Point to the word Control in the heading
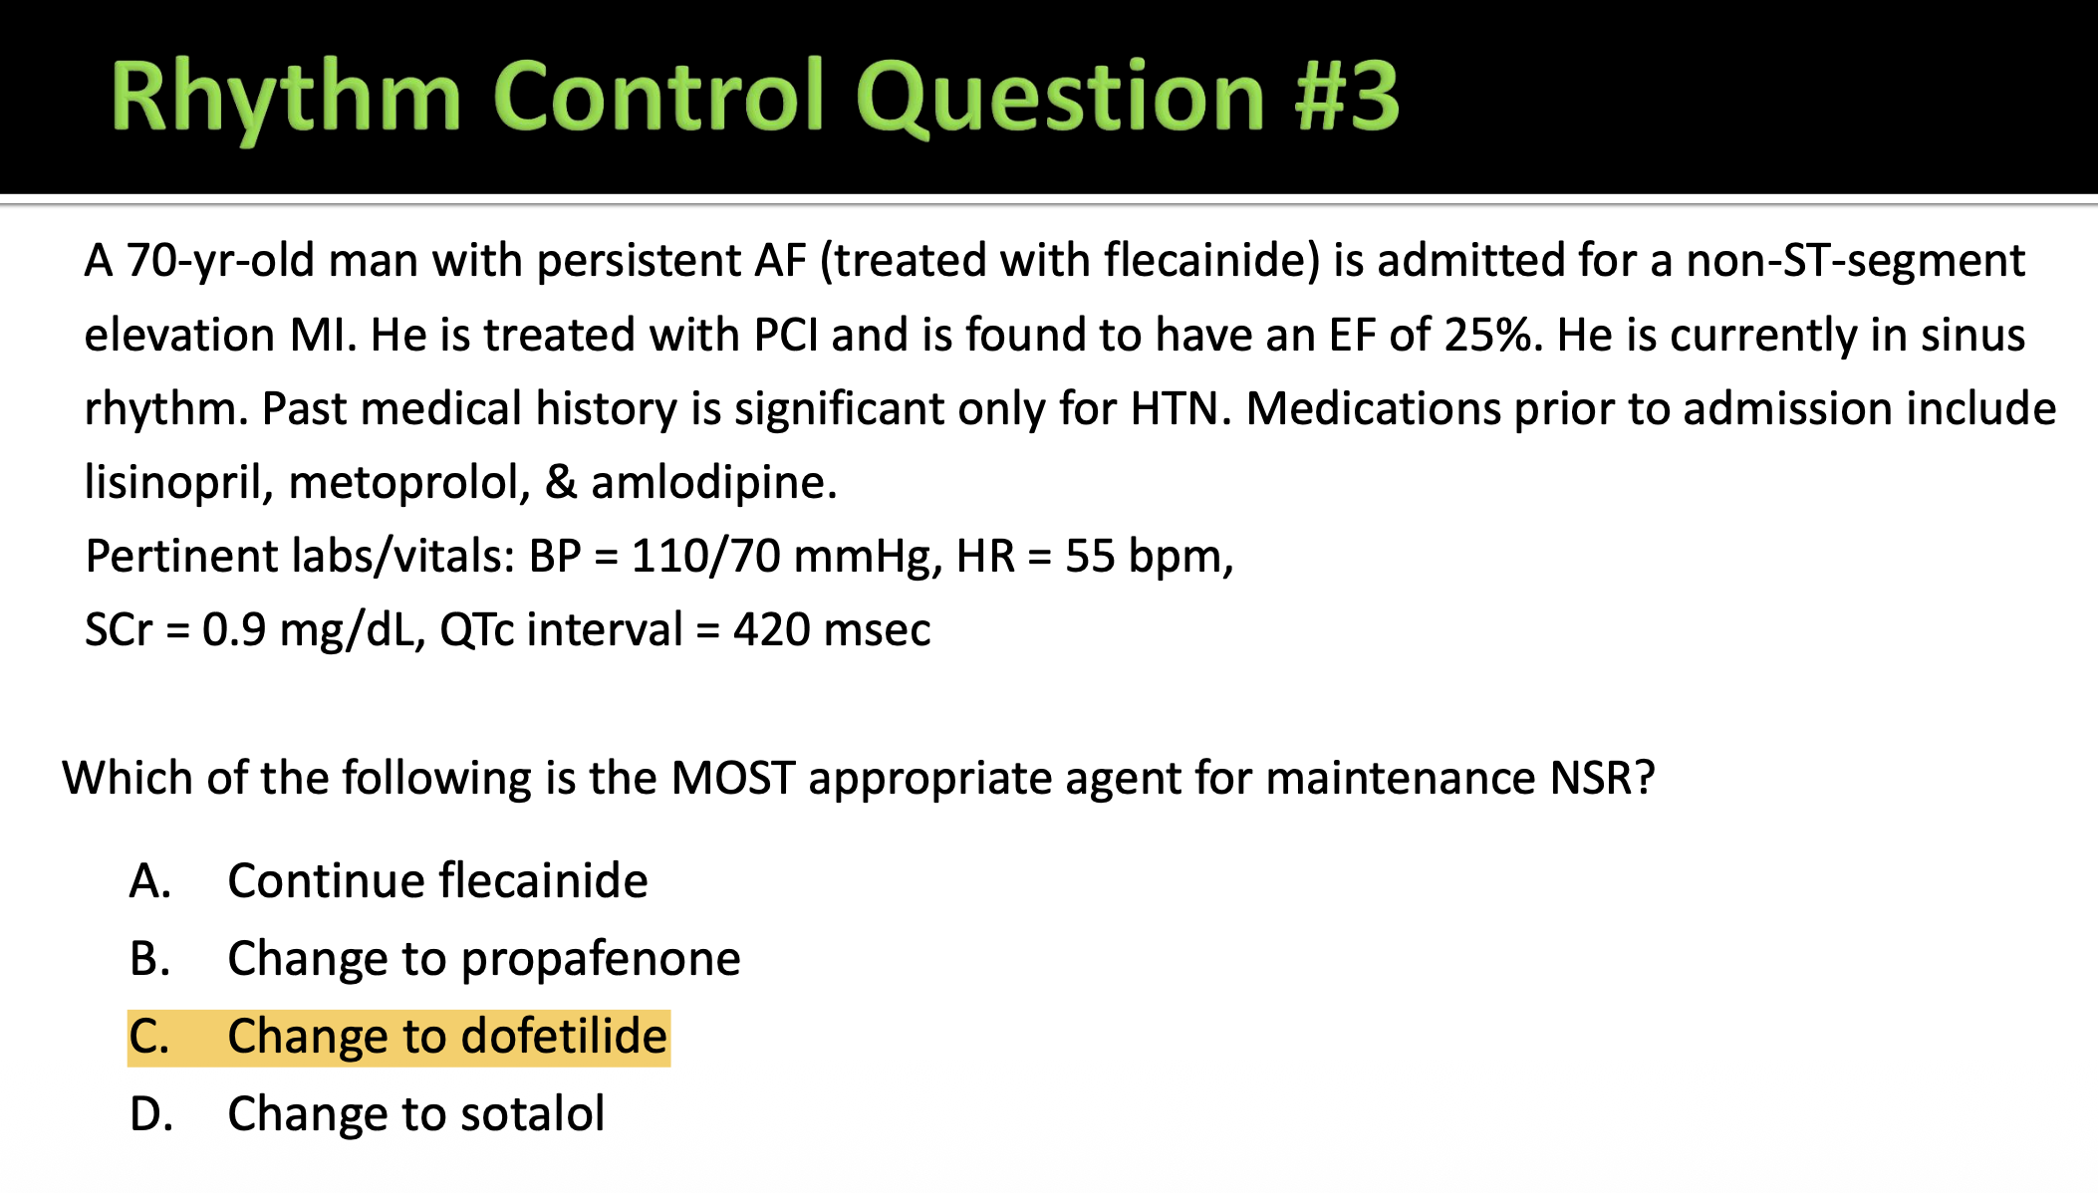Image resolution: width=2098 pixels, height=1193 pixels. [658, 96]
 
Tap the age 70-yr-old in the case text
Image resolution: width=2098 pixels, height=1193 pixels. [221, 261]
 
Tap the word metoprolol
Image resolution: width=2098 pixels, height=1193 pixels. [408, 483]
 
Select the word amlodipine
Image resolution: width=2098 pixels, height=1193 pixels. [713, 483]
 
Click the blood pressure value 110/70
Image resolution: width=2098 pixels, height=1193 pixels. [705, 556]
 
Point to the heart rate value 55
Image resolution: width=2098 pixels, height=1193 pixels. [1090, 556]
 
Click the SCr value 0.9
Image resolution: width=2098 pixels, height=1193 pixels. [234, 629]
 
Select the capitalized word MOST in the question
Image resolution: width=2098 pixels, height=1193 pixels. [733, 778]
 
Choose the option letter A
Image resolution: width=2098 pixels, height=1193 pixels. [149, 881]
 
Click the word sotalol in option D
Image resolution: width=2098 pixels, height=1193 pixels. [533, 1114]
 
